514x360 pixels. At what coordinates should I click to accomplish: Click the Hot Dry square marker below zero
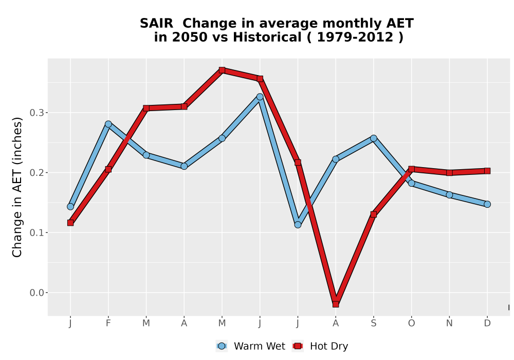pos(336,304)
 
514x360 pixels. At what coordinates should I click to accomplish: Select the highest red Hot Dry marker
pos(222,70)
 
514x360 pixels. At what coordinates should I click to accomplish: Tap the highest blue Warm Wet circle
pos(260,97)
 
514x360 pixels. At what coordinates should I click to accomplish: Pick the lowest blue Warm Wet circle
pos(298,225)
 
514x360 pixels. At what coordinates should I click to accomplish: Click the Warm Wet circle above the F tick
pos(108,124)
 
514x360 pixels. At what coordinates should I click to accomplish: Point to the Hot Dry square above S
pos(373,214)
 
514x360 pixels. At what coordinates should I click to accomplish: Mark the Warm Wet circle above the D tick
pos(487,204)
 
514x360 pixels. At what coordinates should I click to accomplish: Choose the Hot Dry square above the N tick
pos(449,172)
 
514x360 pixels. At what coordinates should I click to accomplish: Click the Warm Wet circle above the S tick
pos(373,138)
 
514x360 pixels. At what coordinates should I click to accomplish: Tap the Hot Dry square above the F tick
pos(108,169)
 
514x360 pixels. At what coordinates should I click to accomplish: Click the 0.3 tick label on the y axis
pos(36,113)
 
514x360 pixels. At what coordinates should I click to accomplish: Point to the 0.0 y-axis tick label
pos(36,293)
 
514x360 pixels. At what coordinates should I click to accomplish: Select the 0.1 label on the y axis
pos(36,232)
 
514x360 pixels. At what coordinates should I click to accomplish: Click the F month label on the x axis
pos(108,323)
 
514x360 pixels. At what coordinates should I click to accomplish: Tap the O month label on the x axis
pos(411,323)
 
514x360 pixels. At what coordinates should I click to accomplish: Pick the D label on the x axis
pos(487,323)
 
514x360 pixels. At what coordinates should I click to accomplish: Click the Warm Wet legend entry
pos(250,346)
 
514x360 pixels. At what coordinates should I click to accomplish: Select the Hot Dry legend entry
pos(320,346)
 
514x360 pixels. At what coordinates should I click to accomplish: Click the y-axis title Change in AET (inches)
pos(17,187)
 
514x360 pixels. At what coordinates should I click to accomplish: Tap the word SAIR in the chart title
pos(156,24)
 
